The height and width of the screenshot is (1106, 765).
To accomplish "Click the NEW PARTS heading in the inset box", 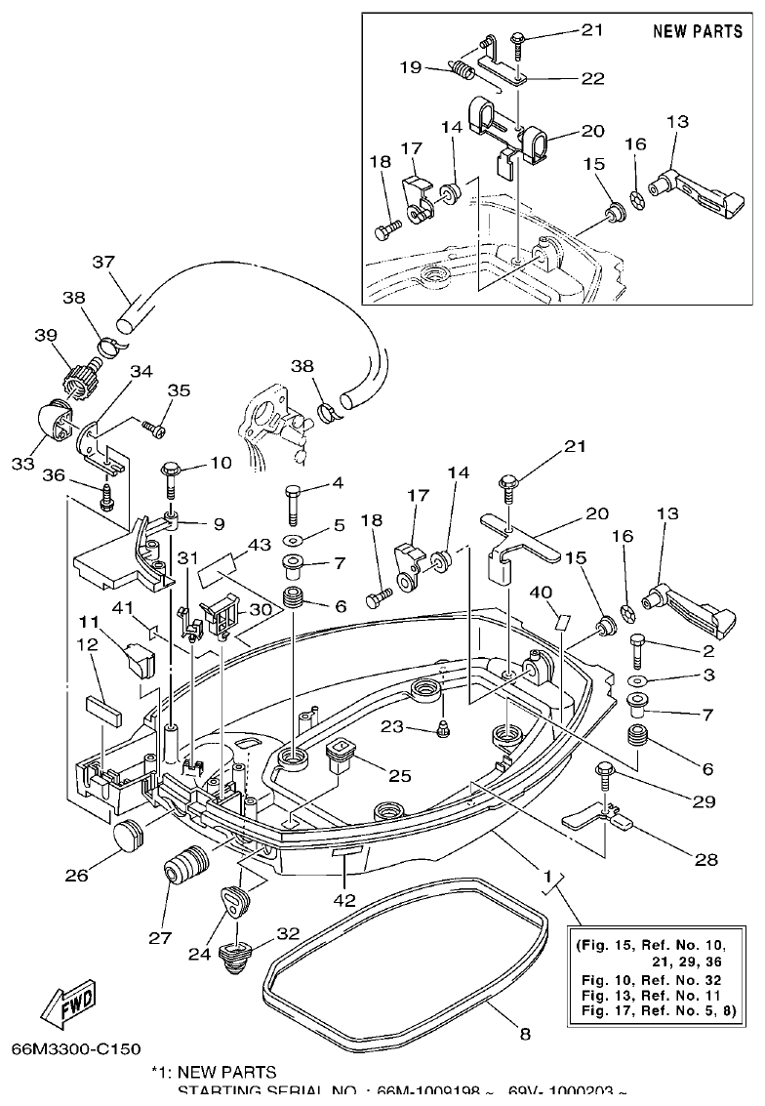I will coord(698,31).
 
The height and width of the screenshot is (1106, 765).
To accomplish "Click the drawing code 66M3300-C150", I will coord(76,1050).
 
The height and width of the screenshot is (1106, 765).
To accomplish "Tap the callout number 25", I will coord(400,776).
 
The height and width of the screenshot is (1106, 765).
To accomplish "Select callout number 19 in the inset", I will coord(410,67).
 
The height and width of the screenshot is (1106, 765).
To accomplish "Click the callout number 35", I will coord(178,390).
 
